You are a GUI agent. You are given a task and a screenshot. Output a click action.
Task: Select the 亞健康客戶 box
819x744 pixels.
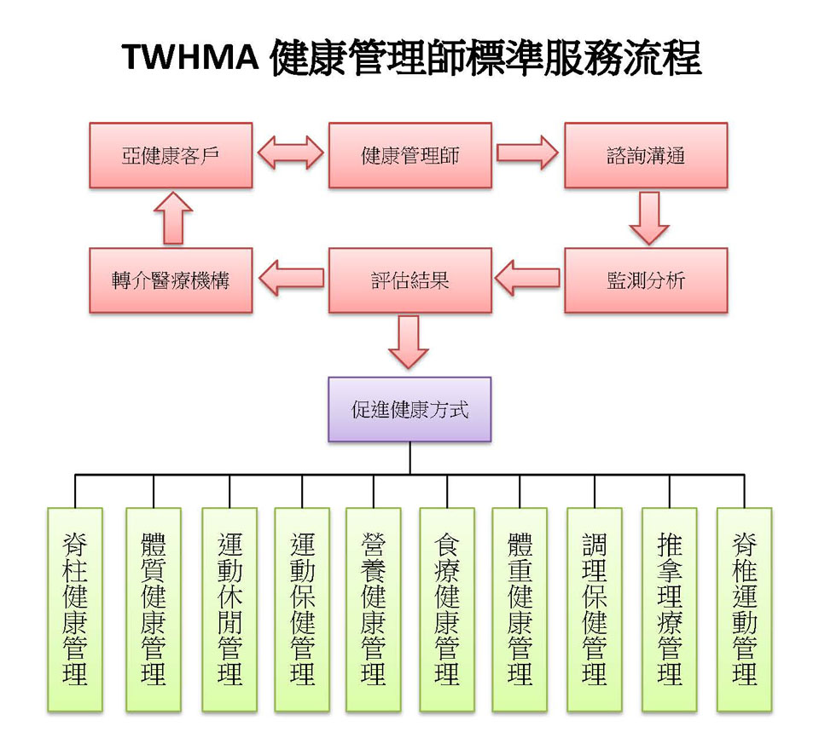171,155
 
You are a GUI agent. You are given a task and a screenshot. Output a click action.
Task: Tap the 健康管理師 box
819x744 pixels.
409,155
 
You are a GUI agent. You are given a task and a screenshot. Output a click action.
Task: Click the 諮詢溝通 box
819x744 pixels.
646,155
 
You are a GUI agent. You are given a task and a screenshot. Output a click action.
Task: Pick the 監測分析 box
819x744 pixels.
646,280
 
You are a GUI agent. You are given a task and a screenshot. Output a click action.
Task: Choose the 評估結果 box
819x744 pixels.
409,280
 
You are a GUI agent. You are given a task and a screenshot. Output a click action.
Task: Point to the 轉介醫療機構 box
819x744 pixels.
171,280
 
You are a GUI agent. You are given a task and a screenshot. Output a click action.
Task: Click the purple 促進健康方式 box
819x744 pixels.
409,409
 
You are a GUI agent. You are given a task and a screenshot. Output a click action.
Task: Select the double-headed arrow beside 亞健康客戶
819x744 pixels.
290,154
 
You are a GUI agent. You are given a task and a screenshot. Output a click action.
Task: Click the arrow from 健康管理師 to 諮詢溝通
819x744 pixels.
528,154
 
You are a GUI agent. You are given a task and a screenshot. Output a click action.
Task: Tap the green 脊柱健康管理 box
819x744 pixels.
75,609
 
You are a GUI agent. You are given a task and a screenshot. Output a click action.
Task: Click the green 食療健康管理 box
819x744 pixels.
447,609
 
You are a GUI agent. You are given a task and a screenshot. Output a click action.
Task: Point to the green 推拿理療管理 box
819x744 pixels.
670,609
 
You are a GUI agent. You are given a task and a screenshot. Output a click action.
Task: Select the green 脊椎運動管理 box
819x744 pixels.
744,609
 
